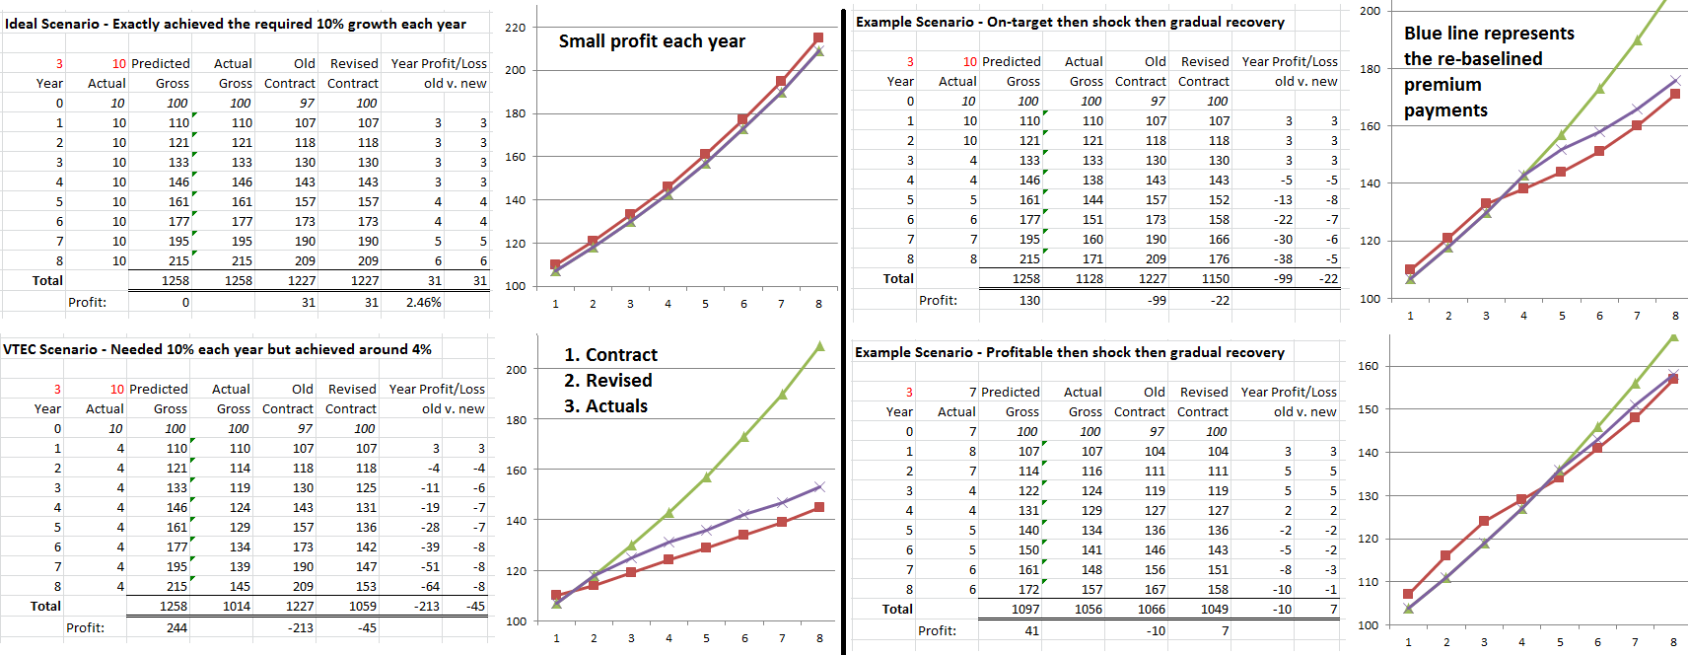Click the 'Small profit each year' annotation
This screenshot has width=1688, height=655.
652,41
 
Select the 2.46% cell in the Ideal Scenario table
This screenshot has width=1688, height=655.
423,302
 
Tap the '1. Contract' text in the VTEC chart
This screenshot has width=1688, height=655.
610,355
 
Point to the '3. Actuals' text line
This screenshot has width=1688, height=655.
605,406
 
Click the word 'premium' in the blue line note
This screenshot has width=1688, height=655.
1442,85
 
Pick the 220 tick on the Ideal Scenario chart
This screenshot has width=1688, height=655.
516,28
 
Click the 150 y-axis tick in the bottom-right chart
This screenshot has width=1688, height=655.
1368,409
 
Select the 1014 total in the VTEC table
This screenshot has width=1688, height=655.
237,606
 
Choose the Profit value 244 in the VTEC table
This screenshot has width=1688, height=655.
176,627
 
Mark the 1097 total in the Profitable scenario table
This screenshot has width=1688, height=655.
1025,609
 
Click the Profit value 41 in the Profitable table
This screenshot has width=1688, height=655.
1031,630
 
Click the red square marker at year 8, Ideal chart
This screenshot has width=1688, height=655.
818,38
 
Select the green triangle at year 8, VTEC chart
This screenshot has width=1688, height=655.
819,346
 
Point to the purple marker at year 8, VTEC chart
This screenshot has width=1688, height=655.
819,486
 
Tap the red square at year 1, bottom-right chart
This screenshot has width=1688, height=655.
1408,594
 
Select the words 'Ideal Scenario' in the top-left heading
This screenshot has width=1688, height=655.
52,24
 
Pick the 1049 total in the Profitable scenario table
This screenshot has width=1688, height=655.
1215,609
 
